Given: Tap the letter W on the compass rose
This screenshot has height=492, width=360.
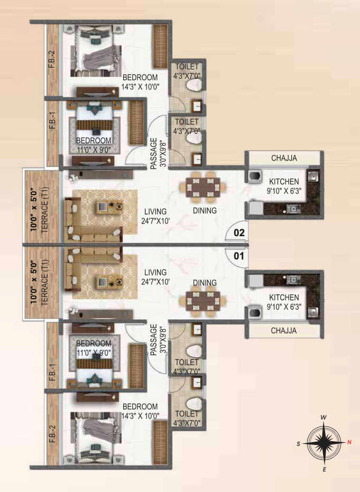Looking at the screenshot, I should (x=324, y=417).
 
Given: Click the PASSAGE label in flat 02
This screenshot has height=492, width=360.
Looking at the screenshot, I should (x=154, y=153).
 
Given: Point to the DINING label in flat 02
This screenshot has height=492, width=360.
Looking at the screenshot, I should (x=205, y=210).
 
